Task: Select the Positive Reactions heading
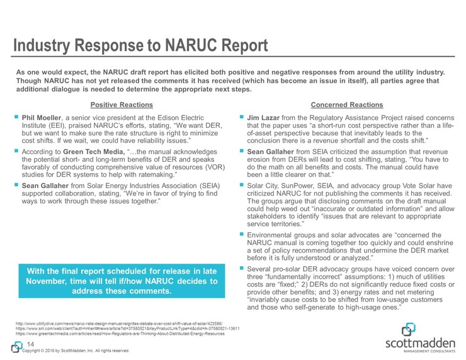[118, 103]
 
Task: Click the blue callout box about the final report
[118, 280]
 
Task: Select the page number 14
[30, 344]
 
